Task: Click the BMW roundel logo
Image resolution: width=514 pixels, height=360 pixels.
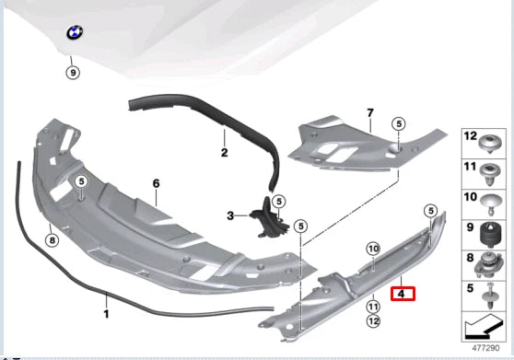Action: pyautogui.click(x=75, y=35)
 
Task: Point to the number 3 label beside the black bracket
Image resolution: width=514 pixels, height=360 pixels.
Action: pyautogui.click(x=231, y=215)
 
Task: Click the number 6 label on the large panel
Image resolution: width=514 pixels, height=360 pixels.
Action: pyautogui.click(x=157, y=184)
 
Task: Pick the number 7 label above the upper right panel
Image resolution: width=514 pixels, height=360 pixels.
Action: pyautogui.click(x=370, y=114)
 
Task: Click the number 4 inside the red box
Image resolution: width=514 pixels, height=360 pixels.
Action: pyautogui.click(x=403, y=295)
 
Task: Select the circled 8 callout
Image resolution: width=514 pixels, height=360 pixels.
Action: pyautogui.click(x=53, y=240)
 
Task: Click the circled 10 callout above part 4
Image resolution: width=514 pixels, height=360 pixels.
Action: pyautogui.click(x=373, y=250)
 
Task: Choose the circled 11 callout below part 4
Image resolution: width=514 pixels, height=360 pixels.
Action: pyautogui.click(x=373, y=307)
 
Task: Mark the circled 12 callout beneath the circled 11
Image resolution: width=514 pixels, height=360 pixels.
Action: pyautogui.click(x=373, y=320)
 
